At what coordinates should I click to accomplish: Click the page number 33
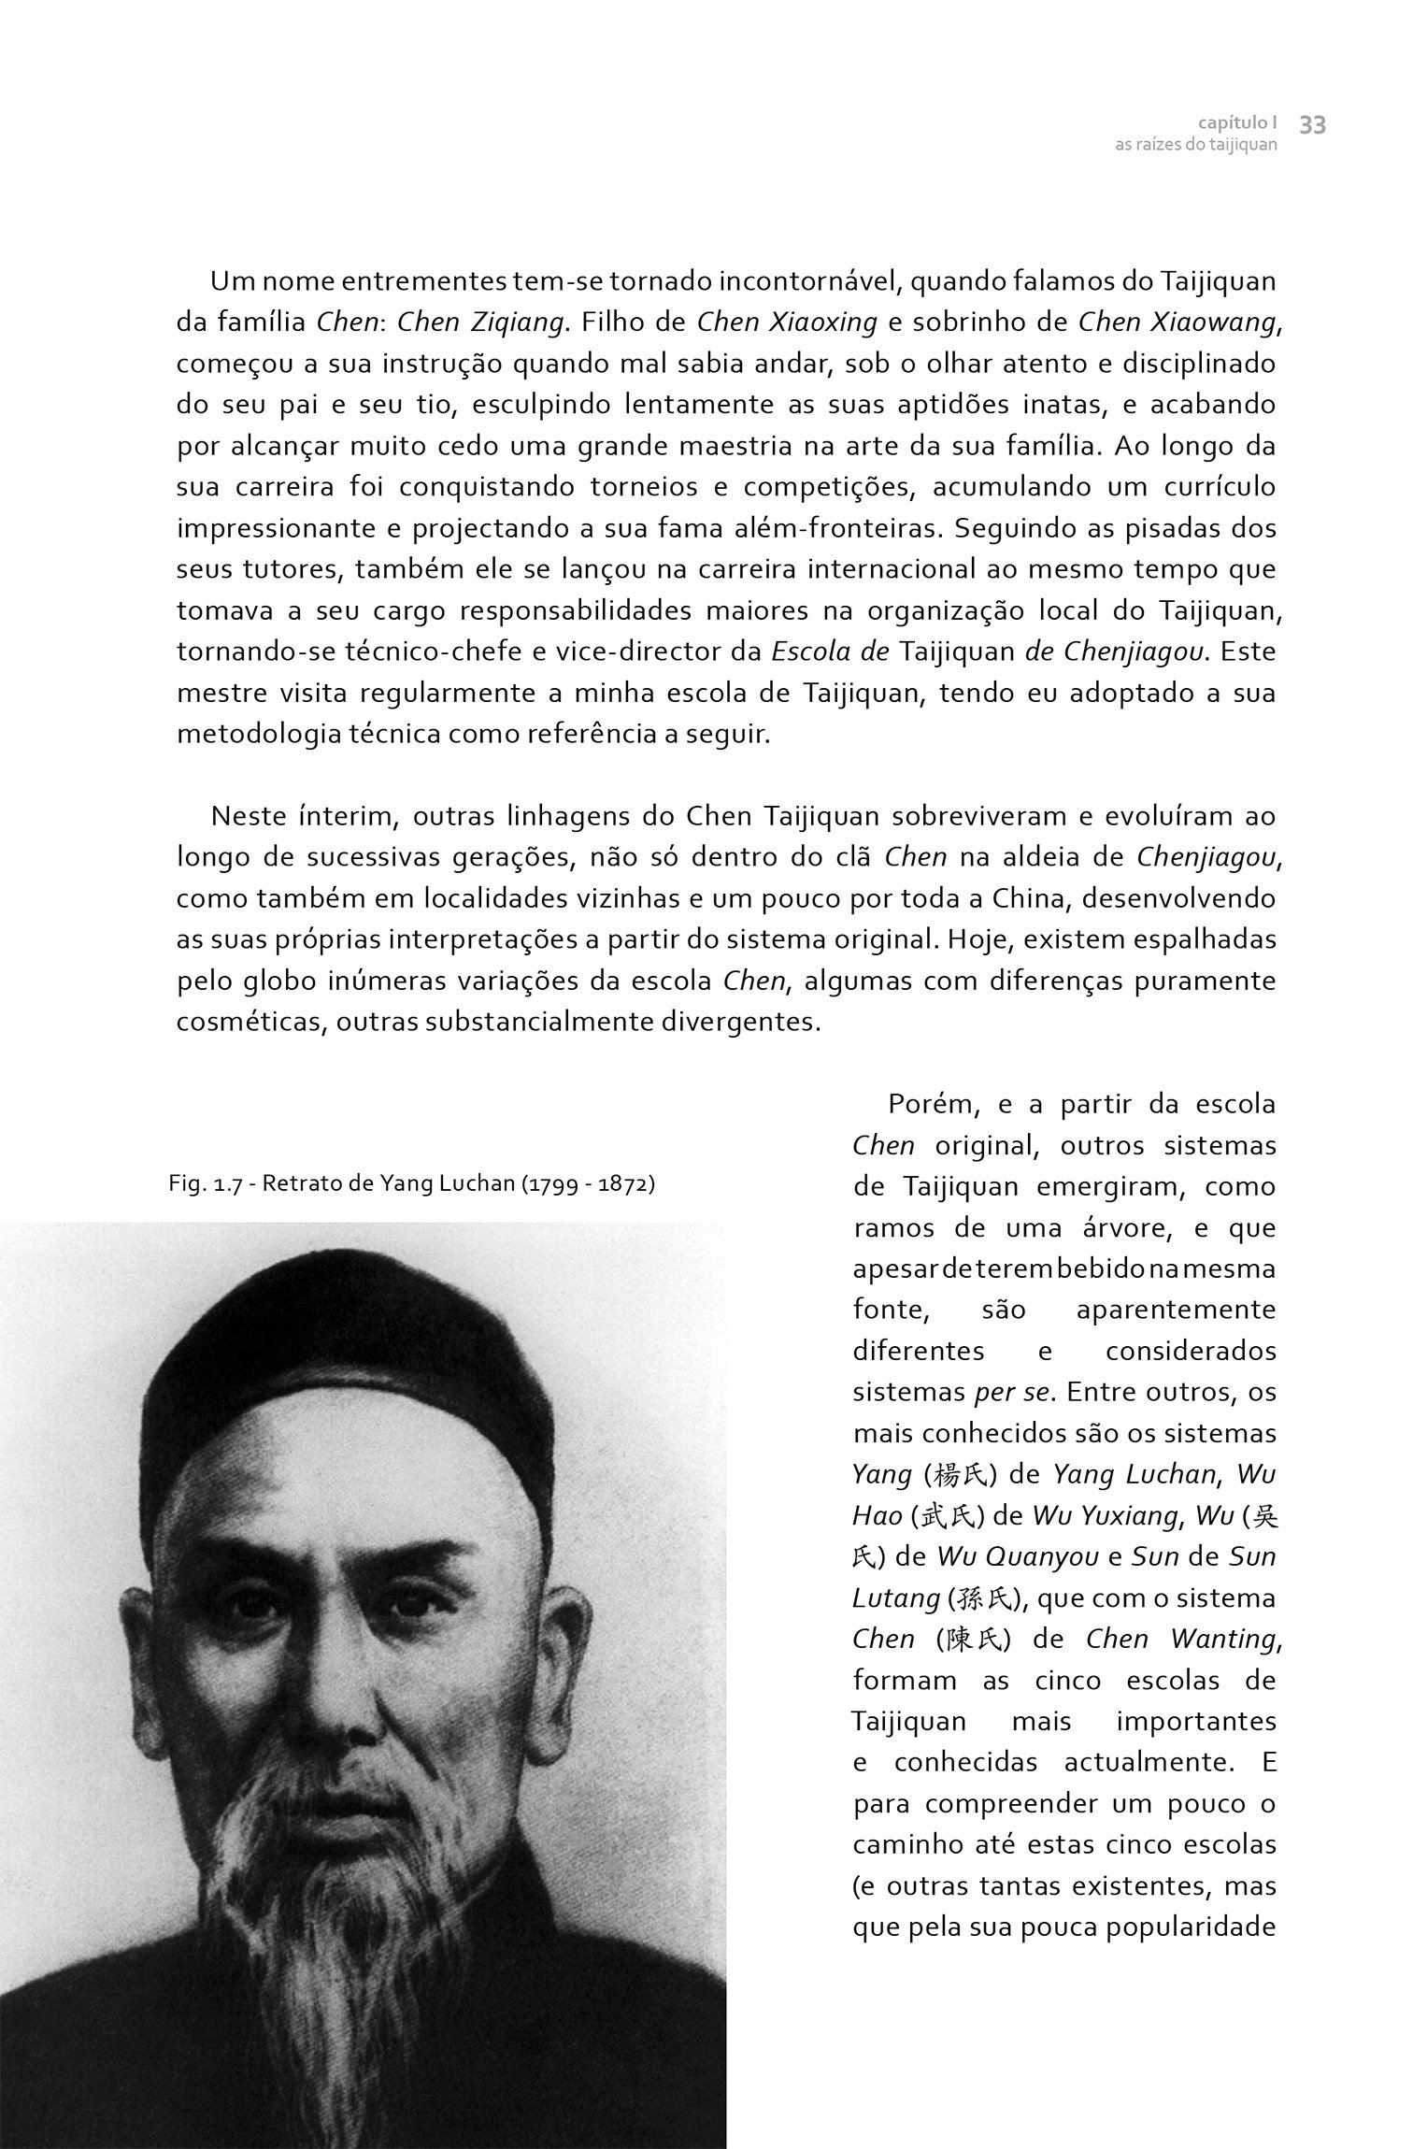click(1312, 125)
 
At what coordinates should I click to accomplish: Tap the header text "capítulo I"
click(1237, 122)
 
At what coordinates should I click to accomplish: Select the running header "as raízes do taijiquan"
click(1195, 146)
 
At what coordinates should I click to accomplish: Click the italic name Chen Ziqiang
click(480, 322)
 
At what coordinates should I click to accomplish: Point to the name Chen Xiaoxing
click(787, 322)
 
